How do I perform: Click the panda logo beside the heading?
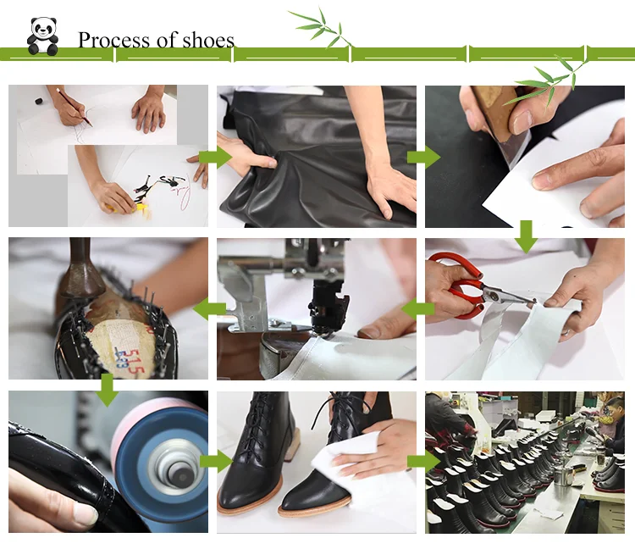click(x=42, y=36)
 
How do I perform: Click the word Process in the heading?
click(x=113, y=40)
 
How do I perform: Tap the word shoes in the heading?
click(x=208, y=40)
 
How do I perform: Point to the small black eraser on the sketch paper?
click(x=38, y=101)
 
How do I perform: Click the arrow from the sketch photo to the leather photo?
click(x=215, y=157)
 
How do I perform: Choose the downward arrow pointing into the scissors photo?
click(x=526, y=236)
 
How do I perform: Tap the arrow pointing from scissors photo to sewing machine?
click(x=418, y=309)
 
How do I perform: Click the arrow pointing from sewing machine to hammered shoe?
click(x=209, y=309)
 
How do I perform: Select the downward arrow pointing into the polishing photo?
click(x=108, y=390)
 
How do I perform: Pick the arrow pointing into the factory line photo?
click(x=423, y=462)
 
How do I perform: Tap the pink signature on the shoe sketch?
click(x=185, y=192)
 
